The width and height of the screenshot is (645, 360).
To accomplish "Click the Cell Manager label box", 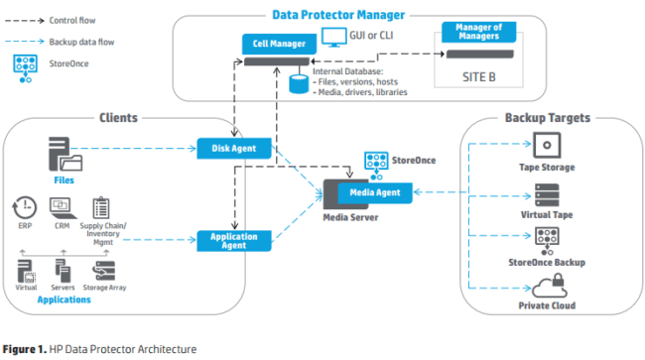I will coord(270,43).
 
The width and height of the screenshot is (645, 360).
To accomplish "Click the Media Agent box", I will coord(374,191).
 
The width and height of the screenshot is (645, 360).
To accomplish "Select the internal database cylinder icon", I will coord(297,83).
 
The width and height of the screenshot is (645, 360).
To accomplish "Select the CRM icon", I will coord(59,209).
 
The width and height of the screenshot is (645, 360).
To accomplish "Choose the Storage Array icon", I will coord(104,271).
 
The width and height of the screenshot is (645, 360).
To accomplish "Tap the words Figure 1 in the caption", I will coord(24,348).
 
